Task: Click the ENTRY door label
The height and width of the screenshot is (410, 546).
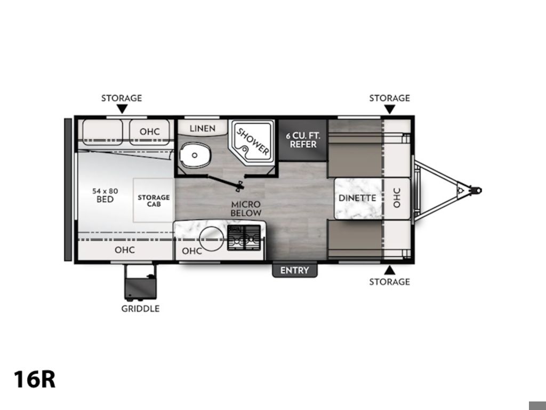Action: [294, 270]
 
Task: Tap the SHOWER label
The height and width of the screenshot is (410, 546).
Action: [253, 141]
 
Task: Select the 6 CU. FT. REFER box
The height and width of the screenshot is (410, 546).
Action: [303, 140]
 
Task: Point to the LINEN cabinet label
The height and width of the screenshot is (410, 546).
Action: [202, 129]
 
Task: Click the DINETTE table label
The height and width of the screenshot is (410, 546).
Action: [357, 198]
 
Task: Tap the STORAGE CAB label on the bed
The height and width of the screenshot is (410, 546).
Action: [154, 201]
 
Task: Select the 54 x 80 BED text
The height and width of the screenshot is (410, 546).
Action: [105, 195]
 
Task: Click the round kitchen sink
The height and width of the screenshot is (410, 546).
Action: [211, 239]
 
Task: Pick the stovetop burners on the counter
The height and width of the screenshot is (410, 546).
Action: [244, 238]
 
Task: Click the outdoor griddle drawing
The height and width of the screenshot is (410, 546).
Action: [140, 282]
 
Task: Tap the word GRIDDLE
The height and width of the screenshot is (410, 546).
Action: [140, 309]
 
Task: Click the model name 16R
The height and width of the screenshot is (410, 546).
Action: [35, 379]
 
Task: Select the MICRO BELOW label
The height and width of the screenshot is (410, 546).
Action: [246, 209]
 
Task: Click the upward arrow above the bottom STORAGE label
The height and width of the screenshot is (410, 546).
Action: [390, 270]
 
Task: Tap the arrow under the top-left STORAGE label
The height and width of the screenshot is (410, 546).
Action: [122, 109]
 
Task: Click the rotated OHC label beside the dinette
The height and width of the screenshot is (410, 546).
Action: [397, 198]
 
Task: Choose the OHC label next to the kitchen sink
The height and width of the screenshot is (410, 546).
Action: [192, 251]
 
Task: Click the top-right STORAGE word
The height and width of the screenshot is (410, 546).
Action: [389, 98]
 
